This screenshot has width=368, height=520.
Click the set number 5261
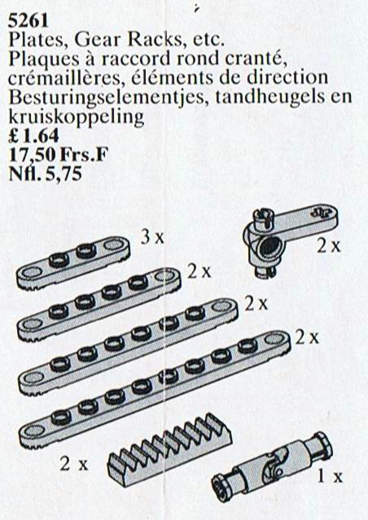point(28,22)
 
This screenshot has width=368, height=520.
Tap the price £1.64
point(33,136)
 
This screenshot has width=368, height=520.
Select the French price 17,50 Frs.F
point(59,154)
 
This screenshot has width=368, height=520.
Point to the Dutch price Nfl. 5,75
point(45,173)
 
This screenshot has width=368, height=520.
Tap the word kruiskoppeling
point(77,117)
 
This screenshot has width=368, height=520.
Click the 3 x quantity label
point(152,238)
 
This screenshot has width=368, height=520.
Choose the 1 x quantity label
point(330,477)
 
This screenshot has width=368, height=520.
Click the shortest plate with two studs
point(73,263)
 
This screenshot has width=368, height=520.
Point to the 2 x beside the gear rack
point(74,464)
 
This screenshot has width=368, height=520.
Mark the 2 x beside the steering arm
point(328,245)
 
